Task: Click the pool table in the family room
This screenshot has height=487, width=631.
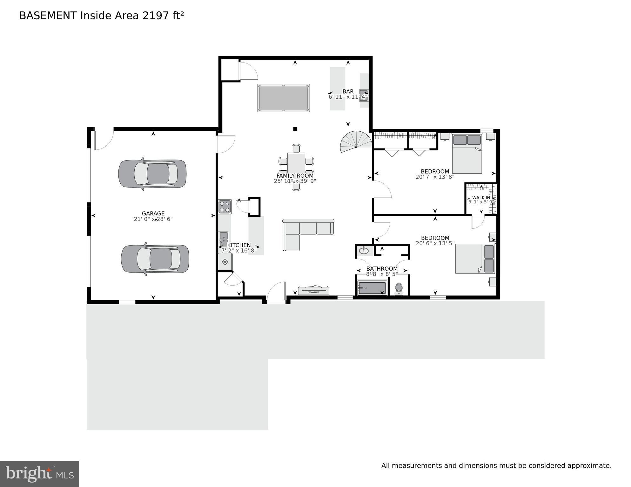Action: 283,98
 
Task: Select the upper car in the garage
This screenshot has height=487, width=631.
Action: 152,174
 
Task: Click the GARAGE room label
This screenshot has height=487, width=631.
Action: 153,214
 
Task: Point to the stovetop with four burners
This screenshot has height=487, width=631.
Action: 225,207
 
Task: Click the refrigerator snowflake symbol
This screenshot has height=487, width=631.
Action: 225,262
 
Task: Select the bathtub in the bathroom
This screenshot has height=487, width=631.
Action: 372,288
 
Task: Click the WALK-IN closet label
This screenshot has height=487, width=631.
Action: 481,198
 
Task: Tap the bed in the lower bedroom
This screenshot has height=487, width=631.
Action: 475,259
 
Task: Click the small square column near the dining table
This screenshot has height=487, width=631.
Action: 295,129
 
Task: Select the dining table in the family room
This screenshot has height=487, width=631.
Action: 296,162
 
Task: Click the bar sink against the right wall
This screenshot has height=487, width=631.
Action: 364,95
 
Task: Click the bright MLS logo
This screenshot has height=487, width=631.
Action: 39,474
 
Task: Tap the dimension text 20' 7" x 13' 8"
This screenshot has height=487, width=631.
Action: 435,177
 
